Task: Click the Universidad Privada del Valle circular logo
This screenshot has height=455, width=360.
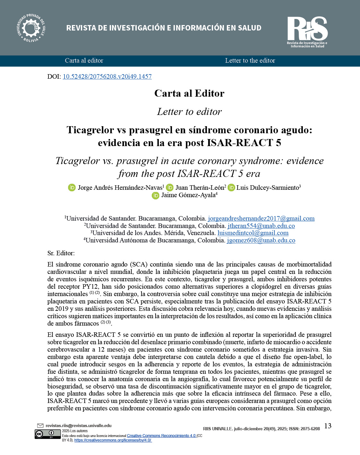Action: pos(31,28)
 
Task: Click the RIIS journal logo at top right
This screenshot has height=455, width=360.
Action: pos(307,31)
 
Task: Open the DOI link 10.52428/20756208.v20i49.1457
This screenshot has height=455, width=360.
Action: pos(107,76)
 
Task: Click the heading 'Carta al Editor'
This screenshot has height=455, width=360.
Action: pos(189,93)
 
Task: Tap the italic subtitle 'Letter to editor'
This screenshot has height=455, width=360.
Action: pos(189,112)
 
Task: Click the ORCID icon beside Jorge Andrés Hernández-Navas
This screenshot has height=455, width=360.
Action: pos(72,188)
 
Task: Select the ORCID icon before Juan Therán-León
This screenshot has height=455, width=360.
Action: pos(170,188)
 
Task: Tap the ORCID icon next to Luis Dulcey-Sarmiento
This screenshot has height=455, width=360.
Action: pos(231,188)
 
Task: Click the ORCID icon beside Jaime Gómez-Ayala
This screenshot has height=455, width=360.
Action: pos(156,195)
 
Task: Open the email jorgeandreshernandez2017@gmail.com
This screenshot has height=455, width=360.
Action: pos(261,219)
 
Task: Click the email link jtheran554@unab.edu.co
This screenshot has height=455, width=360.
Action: pos(261,226)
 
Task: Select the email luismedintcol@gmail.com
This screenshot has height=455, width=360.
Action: pos(253,233)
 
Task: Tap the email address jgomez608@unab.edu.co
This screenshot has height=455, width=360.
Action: pos(261,241)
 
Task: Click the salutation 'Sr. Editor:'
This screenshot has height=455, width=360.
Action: pos(61,253)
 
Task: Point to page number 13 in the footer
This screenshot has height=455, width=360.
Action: pos(328,426)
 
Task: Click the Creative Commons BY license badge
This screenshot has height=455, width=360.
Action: pos(48,434)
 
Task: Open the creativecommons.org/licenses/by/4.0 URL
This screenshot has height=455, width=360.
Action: pos(113,440)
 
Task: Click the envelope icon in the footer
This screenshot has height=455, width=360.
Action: pos(40,426)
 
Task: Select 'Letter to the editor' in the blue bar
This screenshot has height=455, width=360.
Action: pos(250,61)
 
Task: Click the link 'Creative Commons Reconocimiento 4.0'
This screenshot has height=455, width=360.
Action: pos(161,436)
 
